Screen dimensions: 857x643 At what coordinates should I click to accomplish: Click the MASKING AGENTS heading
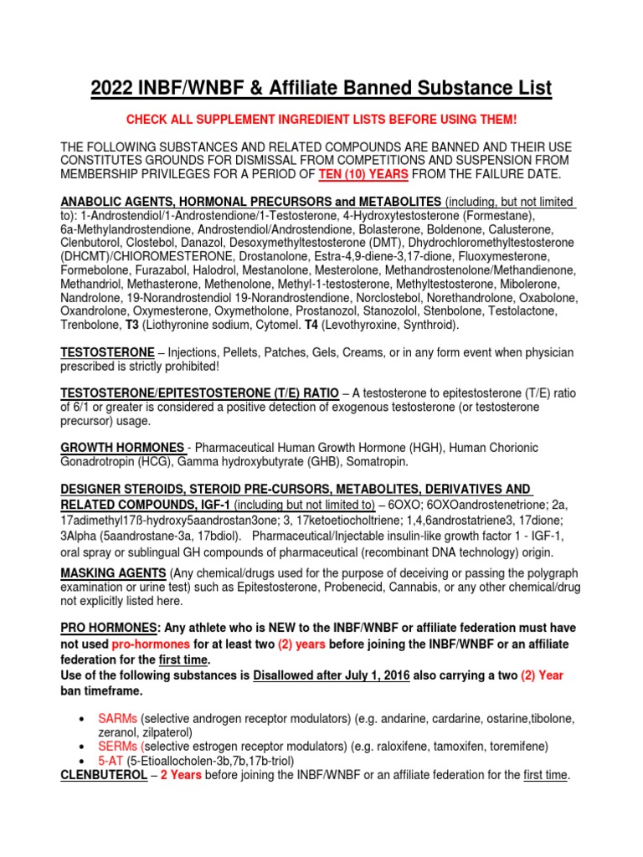(x=113, y=572)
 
